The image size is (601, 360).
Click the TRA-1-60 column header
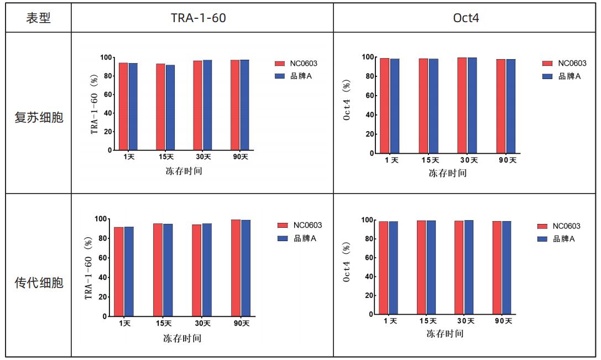point(198,18)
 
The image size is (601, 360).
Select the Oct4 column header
point(466,18)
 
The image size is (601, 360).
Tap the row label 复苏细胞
point(39,117)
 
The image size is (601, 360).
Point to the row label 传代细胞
point(39,283)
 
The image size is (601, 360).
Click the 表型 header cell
point(38,18)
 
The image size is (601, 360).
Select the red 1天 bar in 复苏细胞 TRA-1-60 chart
point(123,106)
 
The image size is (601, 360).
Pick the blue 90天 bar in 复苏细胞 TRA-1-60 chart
point(244,105)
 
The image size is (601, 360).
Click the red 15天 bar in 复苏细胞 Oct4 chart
point(424,106)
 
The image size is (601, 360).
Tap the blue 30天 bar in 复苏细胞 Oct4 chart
point(472,106)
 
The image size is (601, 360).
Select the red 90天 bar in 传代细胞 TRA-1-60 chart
point(236,268)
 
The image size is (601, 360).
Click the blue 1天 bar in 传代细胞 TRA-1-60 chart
point(129,272)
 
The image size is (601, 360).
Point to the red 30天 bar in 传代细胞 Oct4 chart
point(459,268)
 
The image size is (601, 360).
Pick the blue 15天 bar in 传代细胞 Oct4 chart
point(431,267)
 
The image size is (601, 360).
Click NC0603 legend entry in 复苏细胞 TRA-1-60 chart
point(296,64)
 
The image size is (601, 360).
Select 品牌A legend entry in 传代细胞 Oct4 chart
point(556,239)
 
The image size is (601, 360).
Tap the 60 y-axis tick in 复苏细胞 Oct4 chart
point(369,96)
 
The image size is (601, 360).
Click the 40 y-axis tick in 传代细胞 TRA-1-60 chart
point(102,277)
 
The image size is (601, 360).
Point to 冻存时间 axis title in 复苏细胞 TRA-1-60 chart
point(184,171)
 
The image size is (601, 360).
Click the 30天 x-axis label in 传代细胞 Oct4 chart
point(466,321)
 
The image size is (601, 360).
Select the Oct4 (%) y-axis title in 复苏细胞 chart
point(347,100)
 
